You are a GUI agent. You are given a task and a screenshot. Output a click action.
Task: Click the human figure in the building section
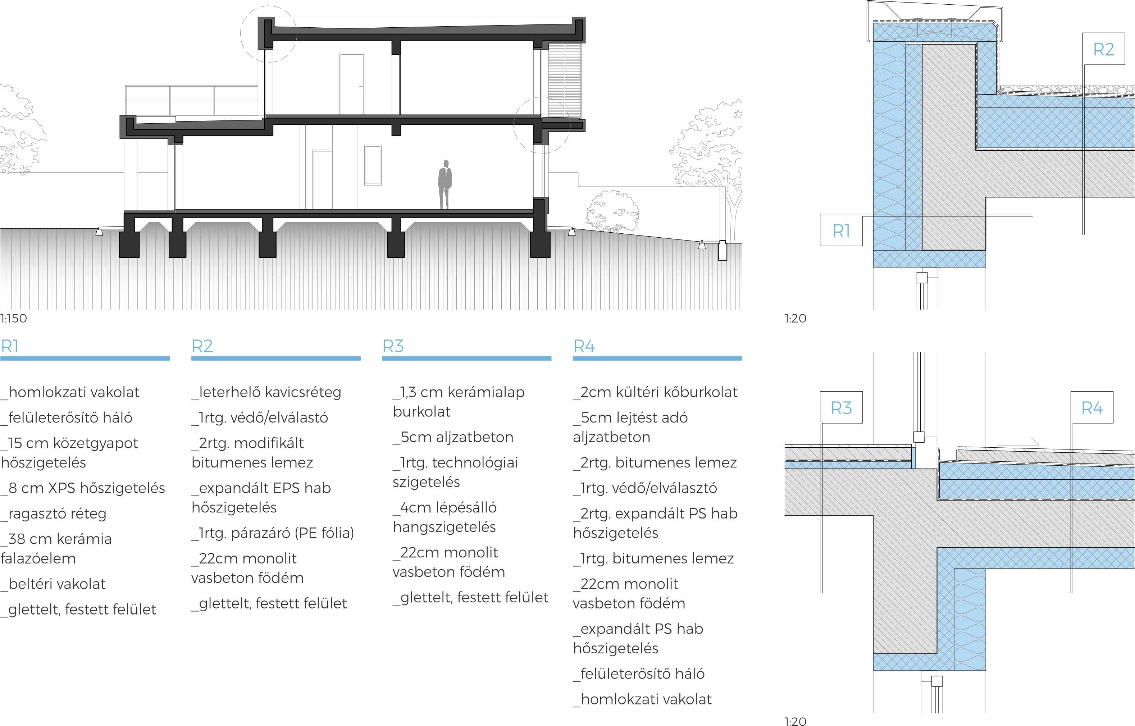point(445,185)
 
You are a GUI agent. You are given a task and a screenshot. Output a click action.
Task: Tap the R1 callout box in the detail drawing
point(841,230)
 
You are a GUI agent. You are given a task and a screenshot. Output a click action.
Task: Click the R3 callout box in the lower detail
point(841,408)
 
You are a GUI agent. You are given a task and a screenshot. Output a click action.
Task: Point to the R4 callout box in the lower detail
point(1091,408)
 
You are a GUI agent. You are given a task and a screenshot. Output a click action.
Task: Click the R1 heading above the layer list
point(9,347)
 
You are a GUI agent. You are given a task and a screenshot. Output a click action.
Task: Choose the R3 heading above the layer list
point(393,347)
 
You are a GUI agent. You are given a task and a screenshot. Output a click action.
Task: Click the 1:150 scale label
point(14,319)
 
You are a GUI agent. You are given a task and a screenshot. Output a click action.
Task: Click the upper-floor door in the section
point(352,84)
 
